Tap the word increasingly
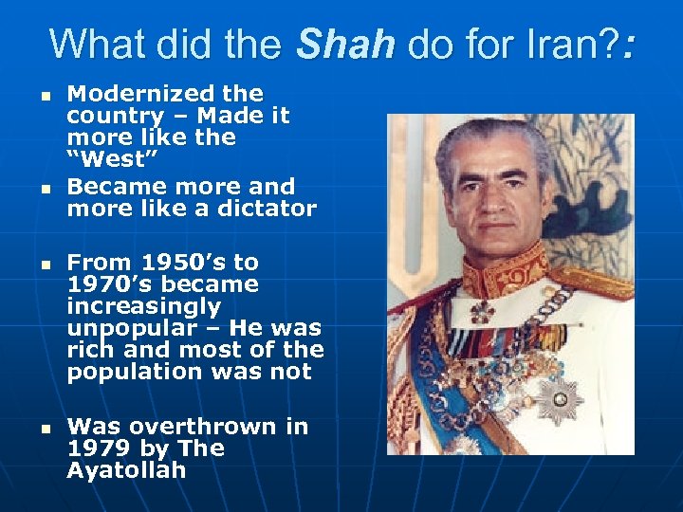(143, 306)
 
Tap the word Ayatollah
(126, 470)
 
